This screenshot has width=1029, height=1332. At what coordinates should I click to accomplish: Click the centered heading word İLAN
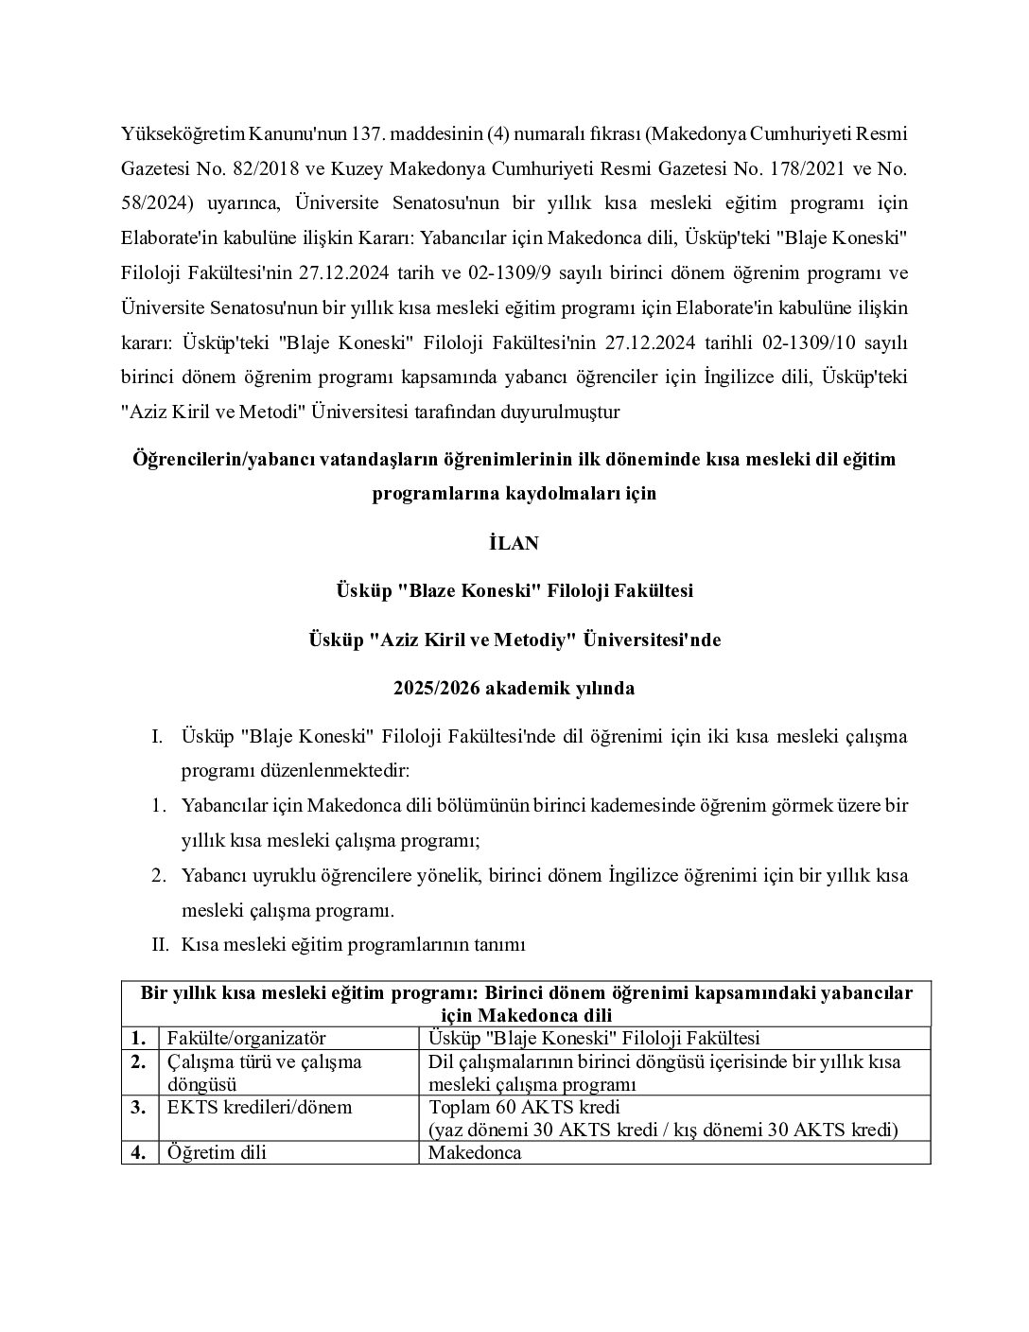pos(514,543)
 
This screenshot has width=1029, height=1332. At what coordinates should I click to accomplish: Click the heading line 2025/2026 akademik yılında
pos(514,689)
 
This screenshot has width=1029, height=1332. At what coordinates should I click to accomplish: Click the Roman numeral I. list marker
pos(157,736)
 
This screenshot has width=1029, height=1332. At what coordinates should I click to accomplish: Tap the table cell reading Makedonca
pos(475,1153)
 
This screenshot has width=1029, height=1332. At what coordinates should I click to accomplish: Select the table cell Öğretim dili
pos(217,1153)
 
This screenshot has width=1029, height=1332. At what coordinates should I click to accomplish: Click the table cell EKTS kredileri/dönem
pos(259,1107)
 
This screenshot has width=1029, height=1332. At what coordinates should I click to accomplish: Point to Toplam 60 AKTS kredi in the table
pos(524,1107)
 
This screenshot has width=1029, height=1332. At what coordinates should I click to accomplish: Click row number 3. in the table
pos(138,1107)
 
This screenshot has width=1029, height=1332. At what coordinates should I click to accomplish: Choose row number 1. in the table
pos(138,1039)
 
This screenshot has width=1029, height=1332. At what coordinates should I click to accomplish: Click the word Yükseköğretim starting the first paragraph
pos(183,134)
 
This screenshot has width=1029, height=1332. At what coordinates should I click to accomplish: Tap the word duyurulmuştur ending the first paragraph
pos(562,412)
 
